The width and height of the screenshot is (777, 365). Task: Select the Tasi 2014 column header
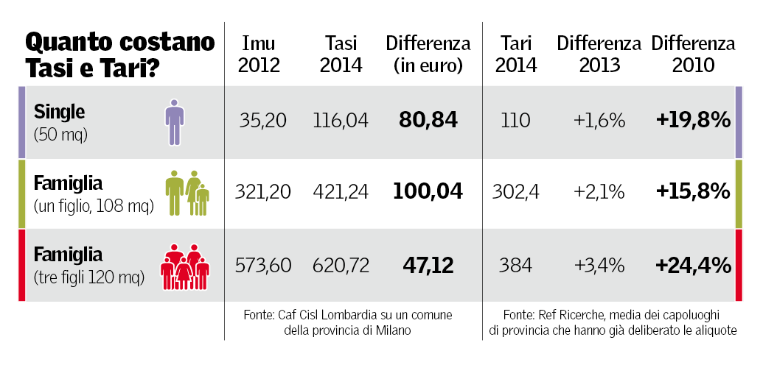coord(341,54)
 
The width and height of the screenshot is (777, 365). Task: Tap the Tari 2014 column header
coord(516,54)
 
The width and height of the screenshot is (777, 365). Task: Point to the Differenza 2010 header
coord(693,54)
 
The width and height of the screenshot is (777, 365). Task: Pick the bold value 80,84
coord(428,120)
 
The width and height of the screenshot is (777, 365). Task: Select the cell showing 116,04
coord(341,120)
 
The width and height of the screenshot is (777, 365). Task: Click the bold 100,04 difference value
coord(428,192)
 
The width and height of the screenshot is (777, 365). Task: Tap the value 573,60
coord(263,265)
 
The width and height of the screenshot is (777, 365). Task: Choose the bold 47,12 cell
coord(428,265)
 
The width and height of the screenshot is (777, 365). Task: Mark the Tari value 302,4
coord(515,192)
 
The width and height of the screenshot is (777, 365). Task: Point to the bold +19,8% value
coord(693,120)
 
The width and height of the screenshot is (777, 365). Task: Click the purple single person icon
coord(174,121)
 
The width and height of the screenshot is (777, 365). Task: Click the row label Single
coord(60,113)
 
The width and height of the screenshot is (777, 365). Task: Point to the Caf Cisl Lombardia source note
coord(347,322)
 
